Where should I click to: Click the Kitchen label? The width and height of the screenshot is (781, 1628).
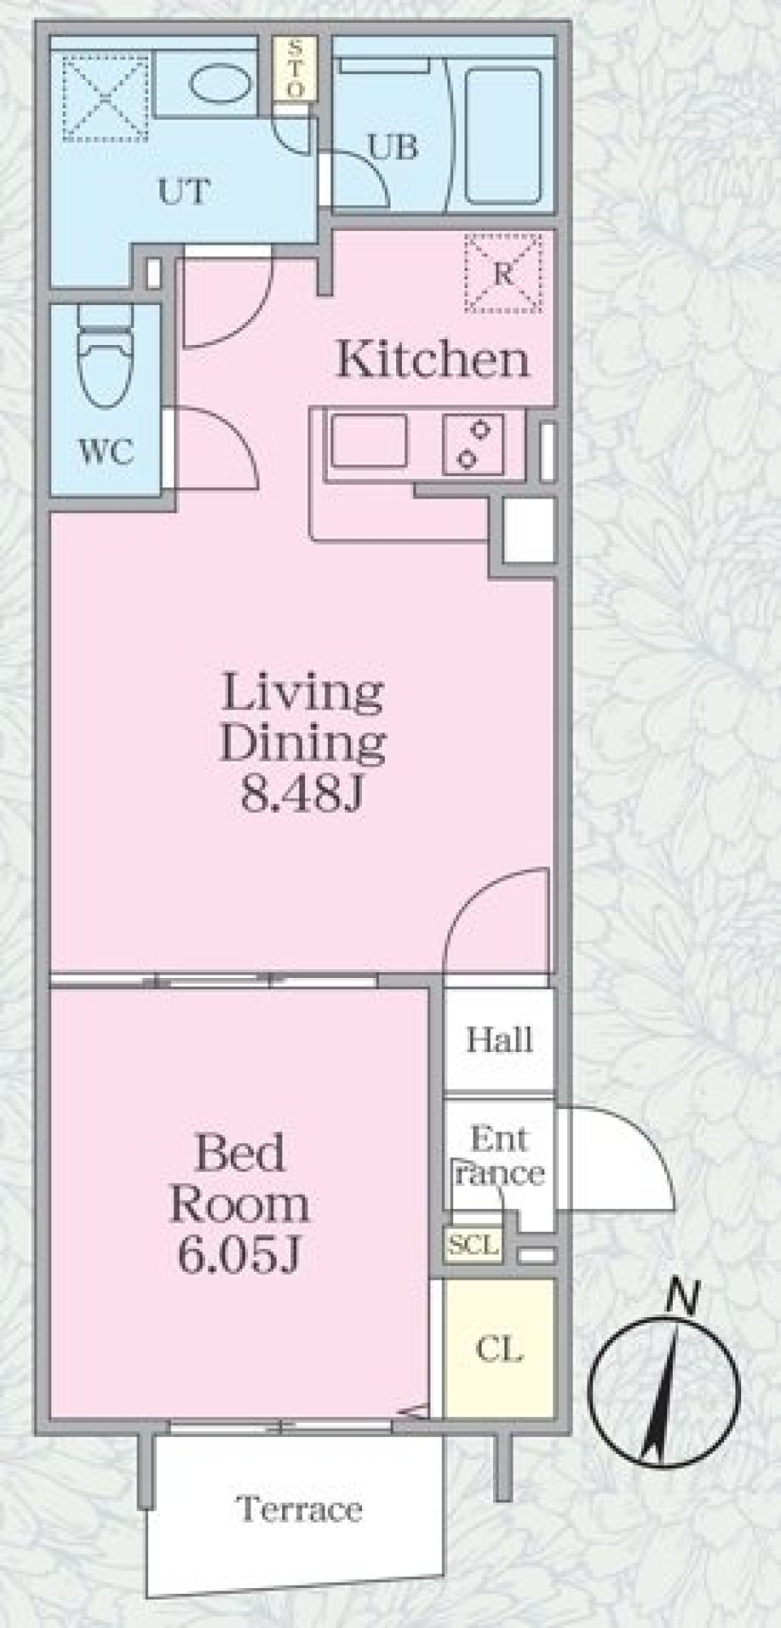433,360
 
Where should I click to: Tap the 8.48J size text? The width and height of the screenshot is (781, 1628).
300,797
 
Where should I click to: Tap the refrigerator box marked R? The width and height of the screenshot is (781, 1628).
503,273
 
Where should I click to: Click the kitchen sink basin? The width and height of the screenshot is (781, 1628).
368,441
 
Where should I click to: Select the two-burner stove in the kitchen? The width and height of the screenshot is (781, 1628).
472,444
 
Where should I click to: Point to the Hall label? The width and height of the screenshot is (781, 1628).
499,1040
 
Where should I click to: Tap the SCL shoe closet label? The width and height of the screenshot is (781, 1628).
473,1244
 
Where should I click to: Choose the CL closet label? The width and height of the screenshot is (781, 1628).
499,1350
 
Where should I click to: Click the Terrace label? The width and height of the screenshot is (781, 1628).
299,1509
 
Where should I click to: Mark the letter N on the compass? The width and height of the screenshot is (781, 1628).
683,1296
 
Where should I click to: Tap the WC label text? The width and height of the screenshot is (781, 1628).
107,452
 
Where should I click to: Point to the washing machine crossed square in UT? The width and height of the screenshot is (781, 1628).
106,98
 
